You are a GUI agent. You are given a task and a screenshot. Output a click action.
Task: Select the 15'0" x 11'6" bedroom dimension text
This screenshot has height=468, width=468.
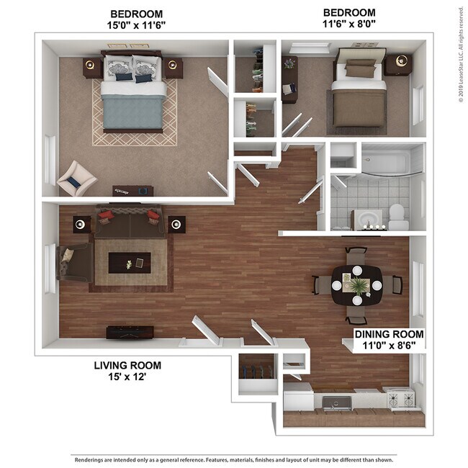click(x=136, y=25)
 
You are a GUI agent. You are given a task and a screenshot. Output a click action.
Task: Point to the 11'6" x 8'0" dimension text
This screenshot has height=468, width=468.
click(x=349, y=24)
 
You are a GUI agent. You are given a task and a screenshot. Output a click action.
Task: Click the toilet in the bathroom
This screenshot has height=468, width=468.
click(x=398, y=217)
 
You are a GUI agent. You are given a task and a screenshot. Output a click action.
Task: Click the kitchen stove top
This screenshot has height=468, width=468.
click(x=401, y=398)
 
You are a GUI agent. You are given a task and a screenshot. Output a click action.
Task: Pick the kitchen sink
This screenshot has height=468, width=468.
click(x=337, y=402)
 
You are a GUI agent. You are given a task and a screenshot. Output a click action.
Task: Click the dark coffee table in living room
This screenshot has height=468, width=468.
click(x=130, y=263)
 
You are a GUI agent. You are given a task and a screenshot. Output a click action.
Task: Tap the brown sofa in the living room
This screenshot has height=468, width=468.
click(x=130, y=221)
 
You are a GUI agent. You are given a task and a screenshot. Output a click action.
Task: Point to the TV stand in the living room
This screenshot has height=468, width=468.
click(x=130, y=333)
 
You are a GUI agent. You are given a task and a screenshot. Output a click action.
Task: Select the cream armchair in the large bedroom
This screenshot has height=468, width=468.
click(x=77, y=179)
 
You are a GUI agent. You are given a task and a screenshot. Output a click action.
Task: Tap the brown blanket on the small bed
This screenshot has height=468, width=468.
click(x=359, y=108)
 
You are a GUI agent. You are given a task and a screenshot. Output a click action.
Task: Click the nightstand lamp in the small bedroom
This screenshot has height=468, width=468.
click(x=402, y=61)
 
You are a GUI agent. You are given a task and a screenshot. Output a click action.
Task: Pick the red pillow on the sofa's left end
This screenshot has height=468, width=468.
click(x=107, y=215)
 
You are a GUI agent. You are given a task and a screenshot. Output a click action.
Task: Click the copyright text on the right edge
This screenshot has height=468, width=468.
click(x=461, y=55)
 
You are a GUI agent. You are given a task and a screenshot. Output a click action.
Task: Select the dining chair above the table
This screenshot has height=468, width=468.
click(x=356, y=256)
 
